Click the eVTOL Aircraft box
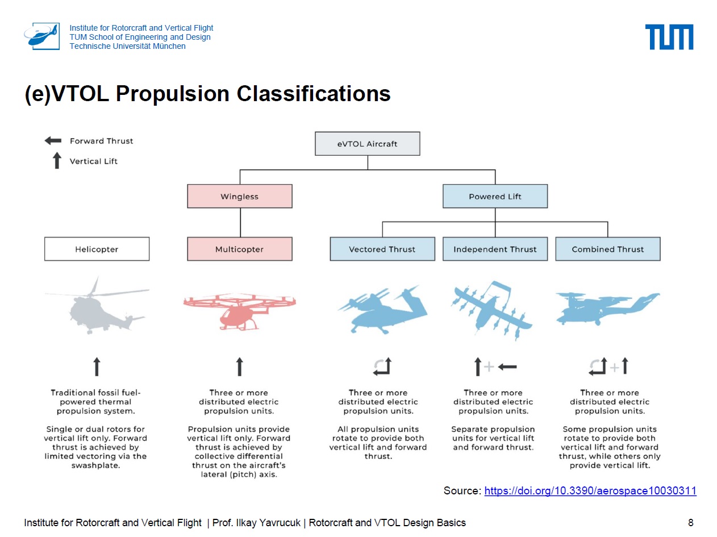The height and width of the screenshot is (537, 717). click(367, 144)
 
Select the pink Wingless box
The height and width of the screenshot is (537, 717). click(240, 196)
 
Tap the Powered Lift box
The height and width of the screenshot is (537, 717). click(495, 196)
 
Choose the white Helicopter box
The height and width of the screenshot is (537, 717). click(97, 249)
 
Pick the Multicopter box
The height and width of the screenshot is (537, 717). click(240, 249)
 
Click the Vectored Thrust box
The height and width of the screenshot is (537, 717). click(382, 249)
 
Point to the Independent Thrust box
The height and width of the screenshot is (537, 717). click(495, 249)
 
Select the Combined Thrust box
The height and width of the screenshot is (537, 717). click(607, 249)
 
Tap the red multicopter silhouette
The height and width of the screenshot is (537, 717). click(239, 310)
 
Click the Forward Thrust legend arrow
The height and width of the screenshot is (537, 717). click(53, 141)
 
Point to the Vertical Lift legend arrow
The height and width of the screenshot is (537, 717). click(57, 160)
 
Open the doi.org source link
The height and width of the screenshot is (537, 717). click(590, 490)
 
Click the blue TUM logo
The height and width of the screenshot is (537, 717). click(669, 36)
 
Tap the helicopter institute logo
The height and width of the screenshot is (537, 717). click(42, 36)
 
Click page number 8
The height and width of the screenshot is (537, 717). click(690, 523)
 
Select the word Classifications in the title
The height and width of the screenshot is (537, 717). click(313, 94)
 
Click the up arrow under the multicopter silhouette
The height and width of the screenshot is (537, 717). click(239, 367)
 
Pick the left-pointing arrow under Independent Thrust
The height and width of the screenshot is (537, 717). click(507, 367)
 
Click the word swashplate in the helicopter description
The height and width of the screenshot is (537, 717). click(95, 465)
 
